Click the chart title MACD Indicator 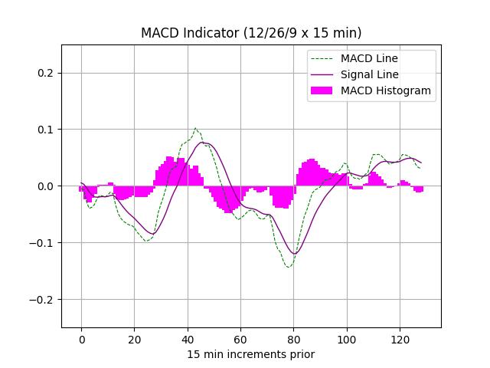click(251, 33)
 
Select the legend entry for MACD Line click(369, 58)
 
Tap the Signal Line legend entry click(370, 74)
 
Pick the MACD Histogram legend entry click(385, 90)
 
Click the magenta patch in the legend click(322, 90)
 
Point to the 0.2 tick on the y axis click(45, 73)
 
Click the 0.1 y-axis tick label click(45, 130)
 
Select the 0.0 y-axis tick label click(45, 186)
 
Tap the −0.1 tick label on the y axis click(41, 243)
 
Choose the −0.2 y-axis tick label click(41, 300)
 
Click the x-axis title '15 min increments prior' click(251, 354)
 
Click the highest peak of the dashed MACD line click(195, 128)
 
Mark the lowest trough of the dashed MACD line click(289, 267)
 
